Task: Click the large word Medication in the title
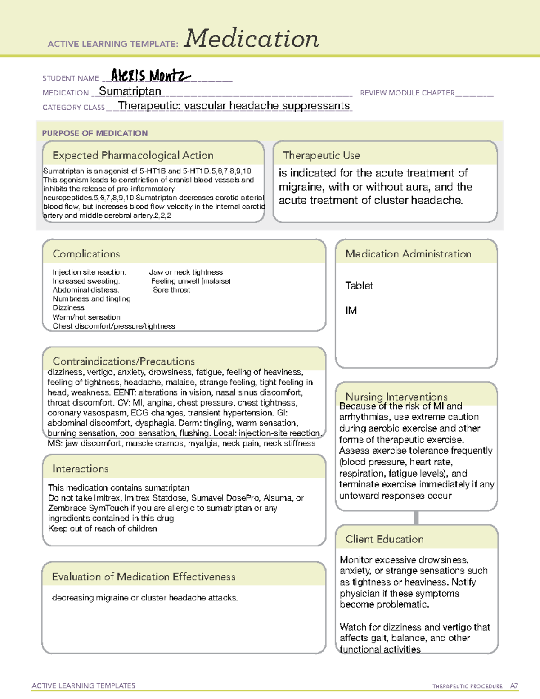point(252,39)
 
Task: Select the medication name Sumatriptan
point(130,91)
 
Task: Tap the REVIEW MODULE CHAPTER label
point(407,93)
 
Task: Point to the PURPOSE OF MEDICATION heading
point(95,133)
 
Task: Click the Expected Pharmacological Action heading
point(133,155)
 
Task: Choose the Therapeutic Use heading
point(321,155)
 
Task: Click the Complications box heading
point(86,254)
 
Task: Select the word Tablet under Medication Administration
point(359,286)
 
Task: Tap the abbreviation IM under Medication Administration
point(351,311)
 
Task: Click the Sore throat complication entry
point(171,290)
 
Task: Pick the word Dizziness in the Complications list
point(68,308)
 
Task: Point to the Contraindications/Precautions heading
point(124,361)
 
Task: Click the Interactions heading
point(81,469)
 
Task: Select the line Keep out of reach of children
point(103,528)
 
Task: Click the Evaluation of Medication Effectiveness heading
point(144,577)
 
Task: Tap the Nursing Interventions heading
point(396,397)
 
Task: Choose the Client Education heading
point(385,539)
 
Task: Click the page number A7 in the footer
point(514,686)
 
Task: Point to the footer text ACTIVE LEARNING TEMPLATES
point(84,685)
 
